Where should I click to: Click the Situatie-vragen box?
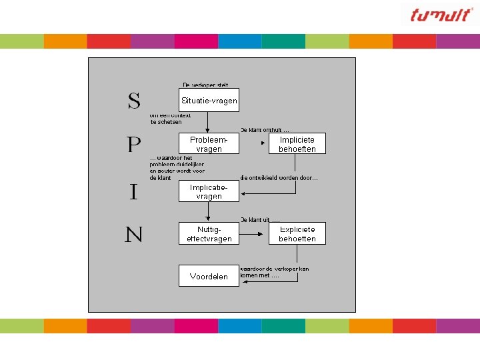(209, 100)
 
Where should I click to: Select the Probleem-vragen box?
(209, 144)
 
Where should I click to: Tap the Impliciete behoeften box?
(297, 144)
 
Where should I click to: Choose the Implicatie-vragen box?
(209, 192)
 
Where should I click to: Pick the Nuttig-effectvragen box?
(209, 233)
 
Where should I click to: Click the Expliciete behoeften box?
(297, 233)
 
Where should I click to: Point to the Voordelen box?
(209, 276)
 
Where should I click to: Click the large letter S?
(134, 101)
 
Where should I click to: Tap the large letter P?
(134, 145)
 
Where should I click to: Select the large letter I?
(133, 193)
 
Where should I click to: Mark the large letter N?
(133, 235)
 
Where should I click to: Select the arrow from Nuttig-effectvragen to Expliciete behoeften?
(253, 233)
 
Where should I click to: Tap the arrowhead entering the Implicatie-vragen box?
(243, 193)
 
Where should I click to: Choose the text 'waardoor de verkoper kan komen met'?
(274, 272)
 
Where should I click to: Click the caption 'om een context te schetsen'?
(170, 119)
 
